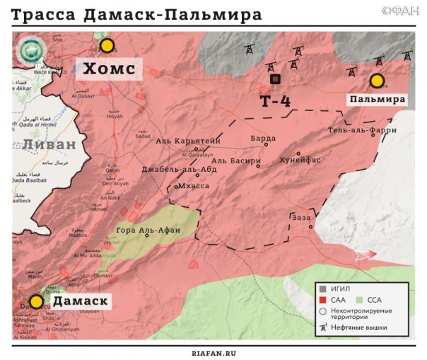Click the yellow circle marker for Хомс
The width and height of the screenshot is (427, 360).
(x=107, y=46)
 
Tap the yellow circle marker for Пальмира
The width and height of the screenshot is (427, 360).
(x=378, y=81)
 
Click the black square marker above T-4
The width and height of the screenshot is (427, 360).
(x=275, y=79)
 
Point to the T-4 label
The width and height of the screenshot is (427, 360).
(x=275, y=101)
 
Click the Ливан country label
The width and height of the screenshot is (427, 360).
(x=48, y=144)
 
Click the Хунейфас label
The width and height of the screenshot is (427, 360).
(x=300, y=160)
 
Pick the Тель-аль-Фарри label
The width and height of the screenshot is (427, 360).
(x=362, y=130)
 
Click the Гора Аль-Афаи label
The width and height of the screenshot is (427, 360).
(x=148, y=230)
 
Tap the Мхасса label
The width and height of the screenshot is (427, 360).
(x=194, y=185)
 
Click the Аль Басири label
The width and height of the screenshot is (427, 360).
(x=236, y=161)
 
